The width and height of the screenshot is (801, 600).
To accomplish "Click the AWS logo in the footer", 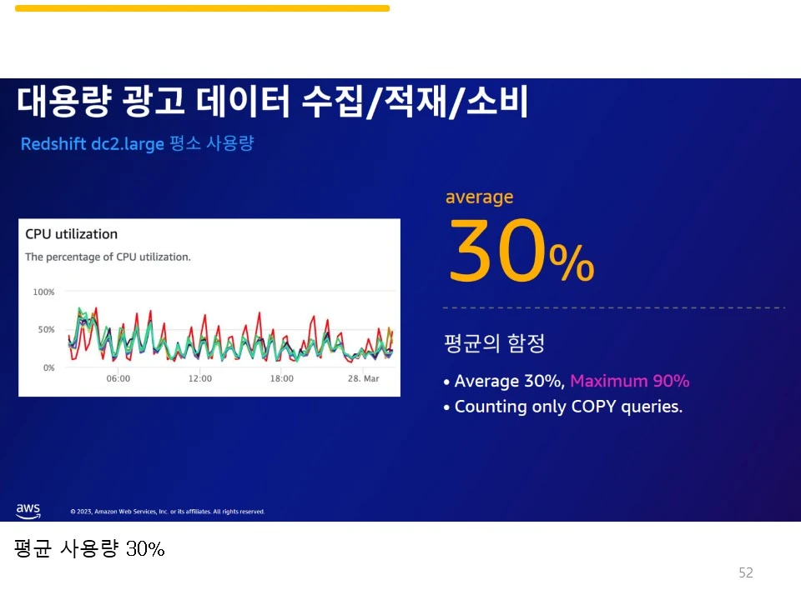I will [x=28, y=510].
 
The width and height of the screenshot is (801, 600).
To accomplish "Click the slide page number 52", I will [x=745, y=572].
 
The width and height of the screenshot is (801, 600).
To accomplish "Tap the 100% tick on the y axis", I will [x=43, y=292].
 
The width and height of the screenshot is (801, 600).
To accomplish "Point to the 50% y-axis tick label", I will [x=45, y=330].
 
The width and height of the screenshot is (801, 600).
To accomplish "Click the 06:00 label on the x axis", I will [x=118, y=378].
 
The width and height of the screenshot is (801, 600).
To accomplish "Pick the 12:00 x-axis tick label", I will [x=199, y=378].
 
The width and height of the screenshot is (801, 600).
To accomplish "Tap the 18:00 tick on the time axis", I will [x=281, y=378].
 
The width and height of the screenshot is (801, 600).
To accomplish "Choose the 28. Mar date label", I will [x=363, y=378].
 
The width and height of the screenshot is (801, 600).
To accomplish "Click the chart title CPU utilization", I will [x=72, y=234].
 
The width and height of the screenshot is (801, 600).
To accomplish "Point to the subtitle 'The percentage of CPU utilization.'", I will [x=108, y=257].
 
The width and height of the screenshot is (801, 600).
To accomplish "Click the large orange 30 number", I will [x=497, y=251].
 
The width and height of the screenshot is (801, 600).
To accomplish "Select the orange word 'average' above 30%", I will [x=479, y=197].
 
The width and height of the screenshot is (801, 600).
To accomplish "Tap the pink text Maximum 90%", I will [x=629, y=382].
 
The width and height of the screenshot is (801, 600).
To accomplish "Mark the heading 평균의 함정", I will [x=495, y=342].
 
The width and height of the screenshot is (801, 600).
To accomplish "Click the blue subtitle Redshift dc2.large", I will [x=92, y=144].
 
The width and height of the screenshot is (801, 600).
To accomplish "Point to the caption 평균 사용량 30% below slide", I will [x=89, y=549].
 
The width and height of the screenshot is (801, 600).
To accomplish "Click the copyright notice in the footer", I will [x=167, y=512].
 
